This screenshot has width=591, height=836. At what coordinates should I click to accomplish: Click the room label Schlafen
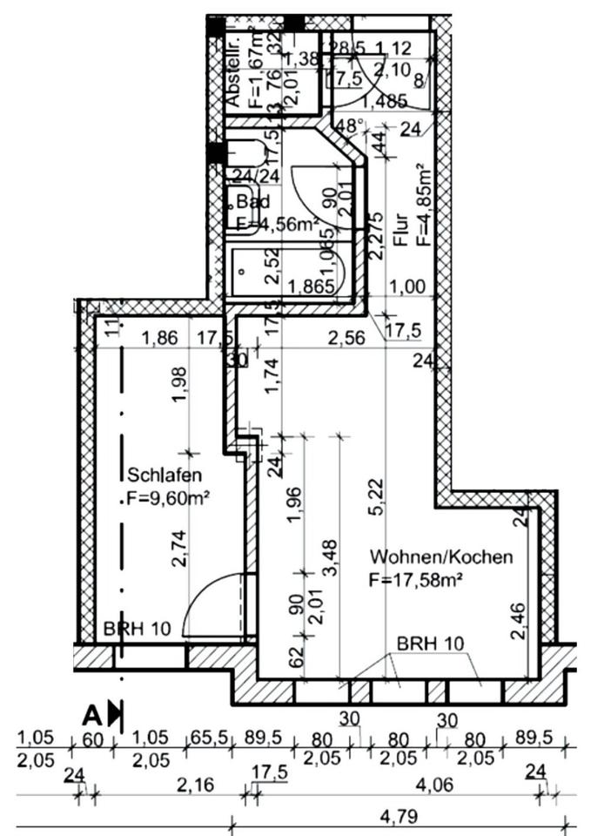coord(165,475)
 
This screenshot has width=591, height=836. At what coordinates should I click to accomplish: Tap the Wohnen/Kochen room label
coord(441,556)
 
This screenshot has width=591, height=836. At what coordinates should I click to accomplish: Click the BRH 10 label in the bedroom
coord(138,629)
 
